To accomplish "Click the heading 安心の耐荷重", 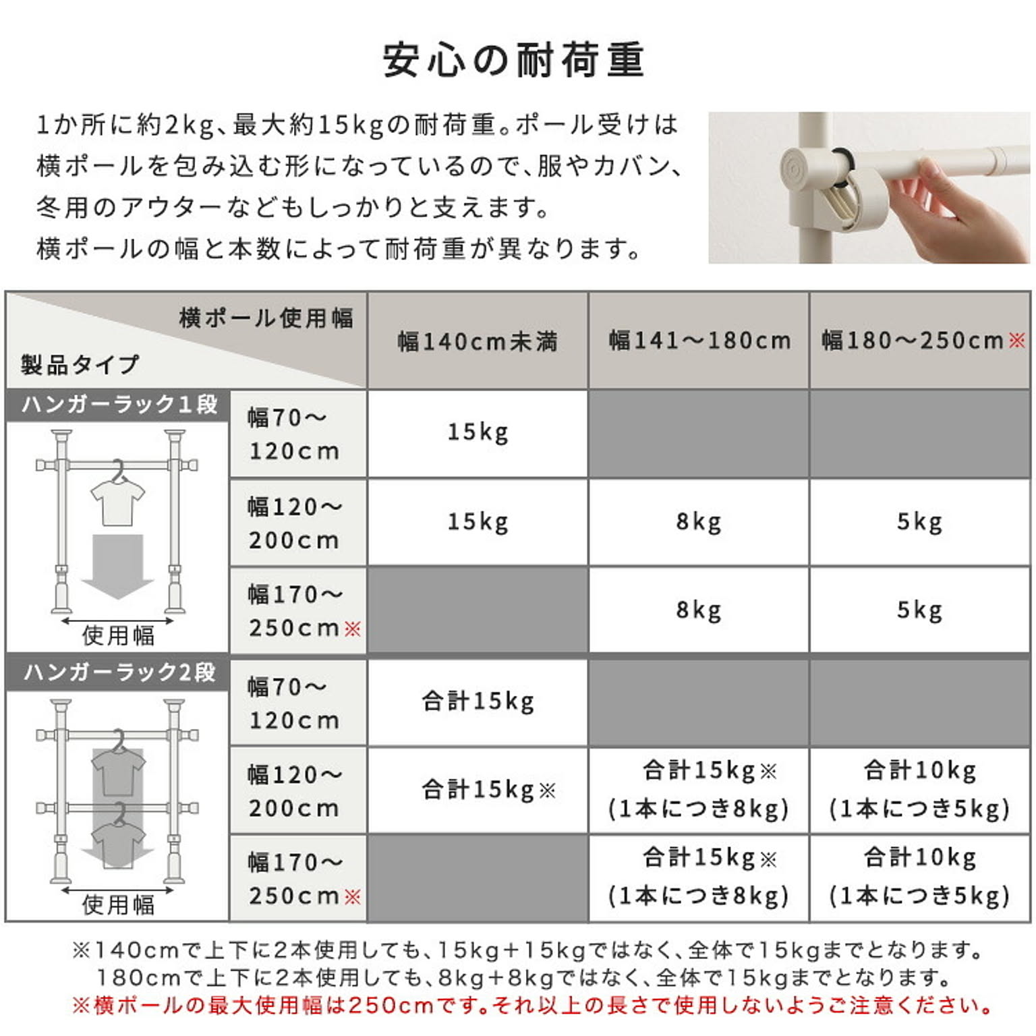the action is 513,59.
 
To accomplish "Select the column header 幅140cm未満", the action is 478,341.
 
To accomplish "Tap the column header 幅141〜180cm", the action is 699,340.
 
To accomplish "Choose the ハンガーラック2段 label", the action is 119,672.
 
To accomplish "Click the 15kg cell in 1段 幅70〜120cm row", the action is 478,432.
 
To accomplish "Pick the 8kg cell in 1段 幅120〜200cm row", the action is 699,521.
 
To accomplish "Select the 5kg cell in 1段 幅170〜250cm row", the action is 919,610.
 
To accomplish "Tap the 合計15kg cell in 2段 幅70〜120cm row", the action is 478,701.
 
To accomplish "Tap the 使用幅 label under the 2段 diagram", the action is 118,904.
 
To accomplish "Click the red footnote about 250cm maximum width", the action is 532,1005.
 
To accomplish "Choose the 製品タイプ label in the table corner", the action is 80,365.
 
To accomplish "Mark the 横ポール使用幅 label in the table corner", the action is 266,318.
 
